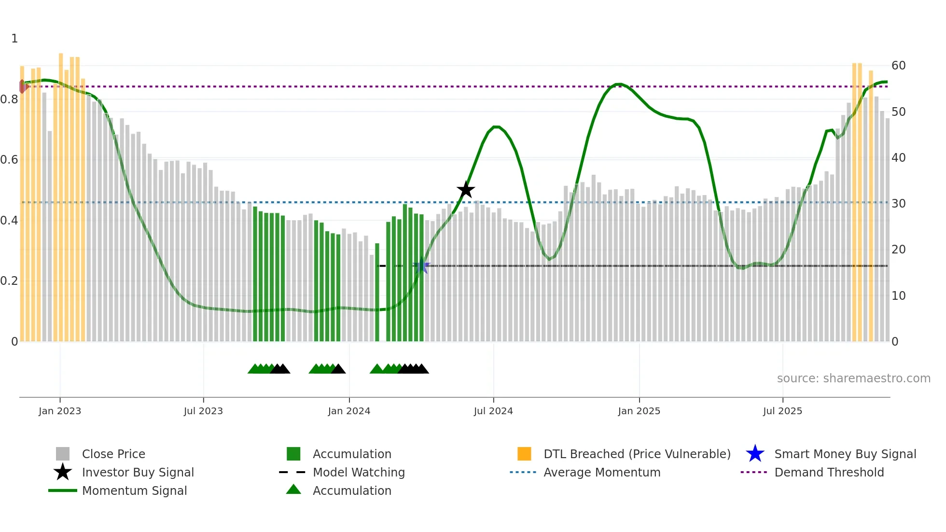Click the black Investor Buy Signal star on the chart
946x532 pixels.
point(466,190)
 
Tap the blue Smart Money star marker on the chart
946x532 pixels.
point(422,266)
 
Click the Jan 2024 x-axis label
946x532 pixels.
point(349,411)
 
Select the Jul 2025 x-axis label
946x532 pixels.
point(782,411)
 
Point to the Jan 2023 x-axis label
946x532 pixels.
point(60,411)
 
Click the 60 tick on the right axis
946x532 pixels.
point(898,66)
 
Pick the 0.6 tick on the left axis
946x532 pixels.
point(9,160)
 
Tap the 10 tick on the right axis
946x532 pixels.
point(898,296)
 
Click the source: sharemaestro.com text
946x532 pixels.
point(853,378)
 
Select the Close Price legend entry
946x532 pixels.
point(113,454)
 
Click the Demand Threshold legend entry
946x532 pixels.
point(829,472)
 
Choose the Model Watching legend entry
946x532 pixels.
point(359,472)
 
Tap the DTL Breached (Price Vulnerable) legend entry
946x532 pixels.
point(637,454)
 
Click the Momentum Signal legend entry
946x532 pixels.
point(134,490)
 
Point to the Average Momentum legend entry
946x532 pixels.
point(601,472)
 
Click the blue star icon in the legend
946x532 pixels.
point(755,454)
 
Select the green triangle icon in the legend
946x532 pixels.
point(293,490)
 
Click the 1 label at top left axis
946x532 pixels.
point(14,39)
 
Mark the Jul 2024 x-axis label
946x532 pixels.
point(493,411)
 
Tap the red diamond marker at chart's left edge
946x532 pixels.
point(22,86)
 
